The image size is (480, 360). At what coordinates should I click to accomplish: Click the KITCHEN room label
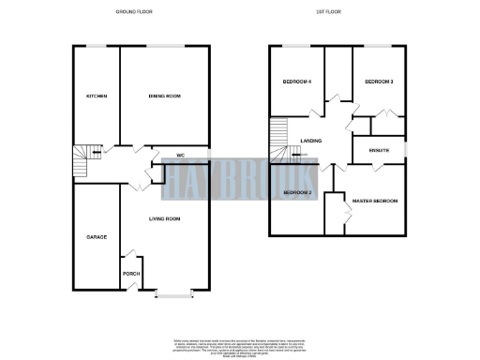95,96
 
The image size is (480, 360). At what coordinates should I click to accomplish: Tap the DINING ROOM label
164,96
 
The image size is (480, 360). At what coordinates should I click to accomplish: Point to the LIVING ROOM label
165,218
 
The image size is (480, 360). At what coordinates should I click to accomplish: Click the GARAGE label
97,236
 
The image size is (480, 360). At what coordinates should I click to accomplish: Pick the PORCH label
131,274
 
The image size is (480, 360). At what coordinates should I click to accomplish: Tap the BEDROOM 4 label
296,82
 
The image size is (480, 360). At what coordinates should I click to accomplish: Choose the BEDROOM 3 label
378,82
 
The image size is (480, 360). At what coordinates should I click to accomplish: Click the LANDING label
311,141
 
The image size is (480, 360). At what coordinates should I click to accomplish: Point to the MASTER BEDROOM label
375,202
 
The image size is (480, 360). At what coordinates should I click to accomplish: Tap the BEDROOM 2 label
297,192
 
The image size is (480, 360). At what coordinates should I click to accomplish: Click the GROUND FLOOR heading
134,11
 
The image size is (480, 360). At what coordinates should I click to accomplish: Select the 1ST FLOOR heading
339,11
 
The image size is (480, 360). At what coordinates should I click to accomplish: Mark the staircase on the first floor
278,139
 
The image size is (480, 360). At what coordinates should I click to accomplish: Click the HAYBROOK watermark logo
240,179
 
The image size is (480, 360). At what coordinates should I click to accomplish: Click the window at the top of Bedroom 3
378,46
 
